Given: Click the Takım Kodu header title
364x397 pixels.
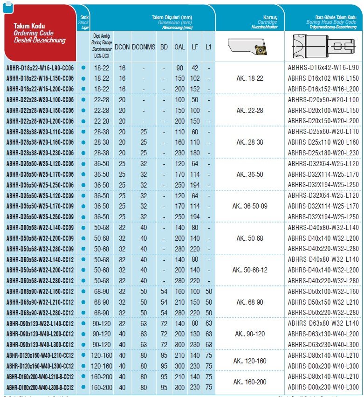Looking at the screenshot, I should coord(29,26).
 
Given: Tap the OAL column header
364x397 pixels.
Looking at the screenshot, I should coord(179,47).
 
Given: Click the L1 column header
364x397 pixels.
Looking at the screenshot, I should coord(208,47).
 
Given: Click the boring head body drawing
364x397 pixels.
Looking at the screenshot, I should coord(323,47).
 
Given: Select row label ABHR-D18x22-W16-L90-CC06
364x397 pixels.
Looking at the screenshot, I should coord(40,68).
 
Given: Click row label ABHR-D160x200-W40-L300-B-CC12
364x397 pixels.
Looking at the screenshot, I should coord(40,387).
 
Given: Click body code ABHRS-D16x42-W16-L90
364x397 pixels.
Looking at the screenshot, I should coord(323,68).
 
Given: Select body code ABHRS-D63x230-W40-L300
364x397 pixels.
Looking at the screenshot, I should coord(323,344).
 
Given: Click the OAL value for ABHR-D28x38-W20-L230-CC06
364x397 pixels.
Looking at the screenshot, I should coord(179,153).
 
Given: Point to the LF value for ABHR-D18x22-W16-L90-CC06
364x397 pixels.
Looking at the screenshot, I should coord(195,68).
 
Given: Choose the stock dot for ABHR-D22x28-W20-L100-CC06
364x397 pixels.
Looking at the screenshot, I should coord(83,100).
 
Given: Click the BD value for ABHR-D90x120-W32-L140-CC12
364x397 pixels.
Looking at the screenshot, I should coord(164,323).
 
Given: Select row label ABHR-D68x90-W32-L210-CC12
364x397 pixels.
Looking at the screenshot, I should coord(40,302).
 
